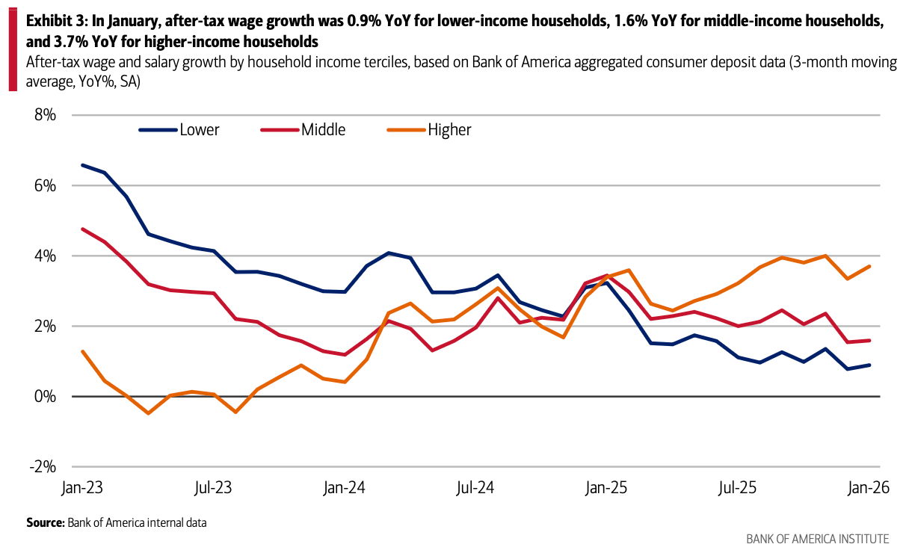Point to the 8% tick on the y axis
[x=46, y=115]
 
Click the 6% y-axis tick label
[x=46, y=185]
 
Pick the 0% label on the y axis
[x=46, y=396]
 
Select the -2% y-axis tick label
[x=43, y=466]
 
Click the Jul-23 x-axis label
[x=214, y=488]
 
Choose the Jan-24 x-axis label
[x=344, y=488]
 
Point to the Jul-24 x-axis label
[x=475, y=488]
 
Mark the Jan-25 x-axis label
[x=606, y=488]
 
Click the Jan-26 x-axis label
[x=866, y=488]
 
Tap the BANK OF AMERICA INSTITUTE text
[x=818, y=539]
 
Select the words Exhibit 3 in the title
[x=53, y=22]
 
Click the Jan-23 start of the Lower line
[x=82, y=165]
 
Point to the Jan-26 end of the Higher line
[x=869, y=267]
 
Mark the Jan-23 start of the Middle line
[x=82, y=229]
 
